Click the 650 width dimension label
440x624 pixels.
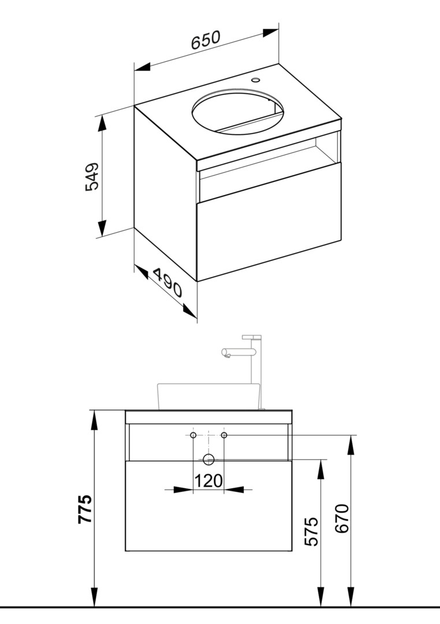(x=206, y=40)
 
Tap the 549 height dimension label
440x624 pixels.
(x=92, y=176)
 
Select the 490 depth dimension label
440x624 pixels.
(x=167, y=283)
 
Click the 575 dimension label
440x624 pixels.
(x=312, y=532)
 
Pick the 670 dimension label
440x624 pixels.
(x=342, y=518)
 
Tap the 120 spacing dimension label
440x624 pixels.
(x=208, y=481)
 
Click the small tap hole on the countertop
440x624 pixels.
(x=255, y=79)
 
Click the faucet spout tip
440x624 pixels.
(x=225, y=354)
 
